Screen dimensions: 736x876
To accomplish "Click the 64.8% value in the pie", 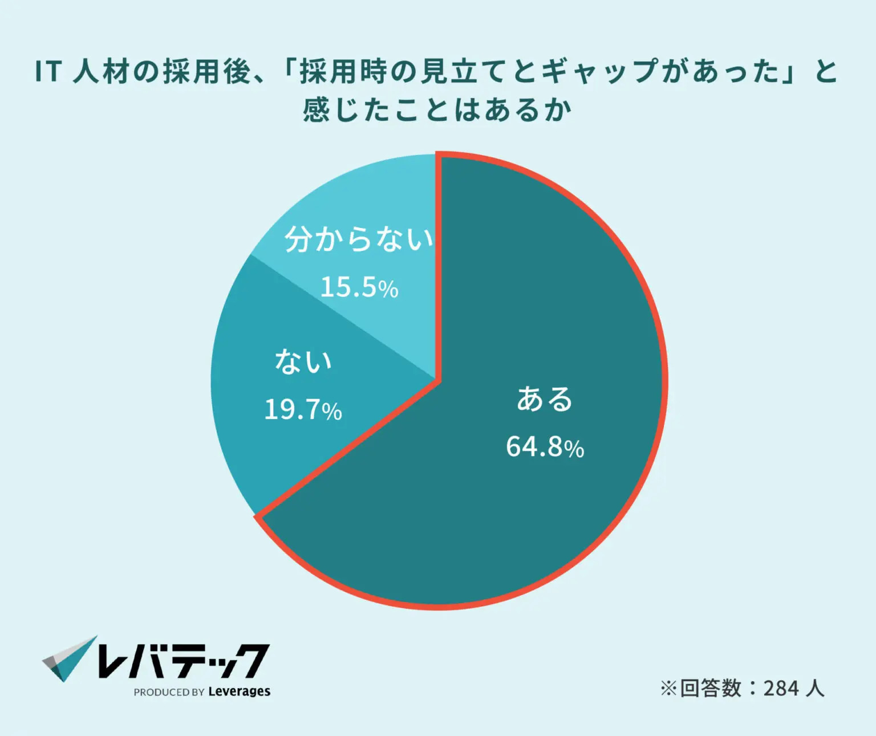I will (x=545, y=446).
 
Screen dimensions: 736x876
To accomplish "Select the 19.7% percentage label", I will (x=303, y=409).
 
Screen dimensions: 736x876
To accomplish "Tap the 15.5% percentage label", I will (x=359, y=287).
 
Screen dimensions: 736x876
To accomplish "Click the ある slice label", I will (x=545, y=399).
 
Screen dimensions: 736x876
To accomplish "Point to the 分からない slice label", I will (x=359, y=239).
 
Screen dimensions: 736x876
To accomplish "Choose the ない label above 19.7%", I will (x=303, y=361).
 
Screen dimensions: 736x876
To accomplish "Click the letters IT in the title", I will (x=48, y=72).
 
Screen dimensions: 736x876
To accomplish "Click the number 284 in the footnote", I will (x=781, y=689).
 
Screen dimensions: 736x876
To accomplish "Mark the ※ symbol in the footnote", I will (x=668, y=689).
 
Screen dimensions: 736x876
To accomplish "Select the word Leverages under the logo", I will (x=239, y=692).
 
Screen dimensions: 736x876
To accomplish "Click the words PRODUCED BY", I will (x=169, y=692).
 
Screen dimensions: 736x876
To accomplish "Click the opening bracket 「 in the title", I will (x=288, y=72).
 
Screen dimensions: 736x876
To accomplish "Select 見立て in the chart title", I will (x=464, y=72).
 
